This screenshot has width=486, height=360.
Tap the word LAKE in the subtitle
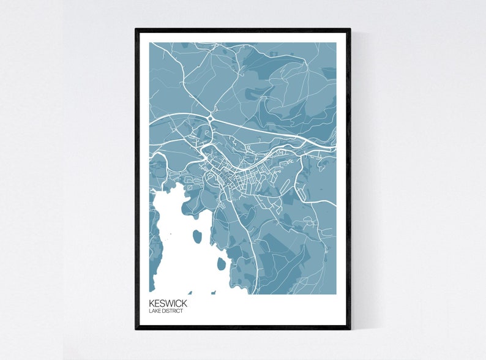(154, 311)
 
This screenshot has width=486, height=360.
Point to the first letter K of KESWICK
(151, 303)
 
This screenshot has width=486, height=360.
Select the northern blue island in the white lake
(197, 236)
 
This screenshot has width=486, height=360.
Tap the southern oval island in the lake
(221, 264)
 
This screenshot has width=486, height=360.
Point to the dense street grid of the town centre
(236, 178)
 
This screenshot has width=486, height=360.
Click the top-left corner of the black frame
(136, 29)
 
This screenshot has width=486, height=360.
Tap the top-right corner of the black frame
(350, 29)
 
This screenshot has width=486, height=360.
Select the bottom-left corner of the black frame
(136, 328)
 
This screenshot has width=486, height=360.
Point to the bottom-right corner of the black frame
(350, 328)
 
